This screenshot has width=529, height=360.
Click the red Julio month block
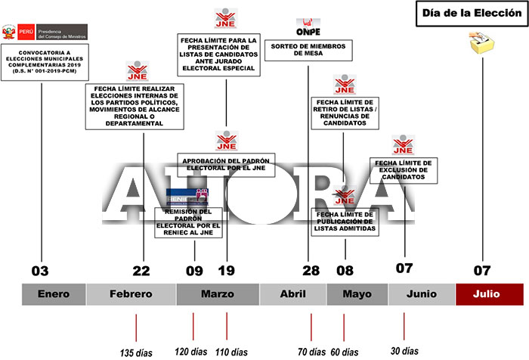coord(489,294)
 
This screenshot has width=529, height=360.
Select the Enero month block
coord(54,294)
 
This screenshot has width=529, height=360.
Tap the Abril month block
coord(292,294)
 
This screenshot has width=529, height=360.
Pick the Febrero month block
coord(131,294)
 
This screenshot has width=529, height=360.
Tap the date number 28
coord(311,270)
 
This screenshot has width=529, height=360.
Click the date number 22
coord(141,270)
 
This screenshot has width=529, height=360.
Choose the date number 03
coord(40,270)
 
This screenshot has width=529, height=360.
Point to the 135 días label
coord(138,351)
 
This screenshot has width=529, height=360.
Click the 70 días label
coord(311,351)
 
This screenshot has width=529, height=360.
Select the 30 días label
coord(404,351)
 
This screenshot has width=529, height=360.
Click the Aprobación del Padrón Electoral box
coord(227,164)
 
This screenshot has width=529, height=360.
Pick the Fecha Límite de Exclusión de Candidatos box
coord(404,169)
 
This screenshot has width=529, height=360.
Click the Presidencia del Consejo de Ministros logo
coord(45,33)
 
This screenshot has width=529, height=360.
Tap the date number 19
coord(227,270)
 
